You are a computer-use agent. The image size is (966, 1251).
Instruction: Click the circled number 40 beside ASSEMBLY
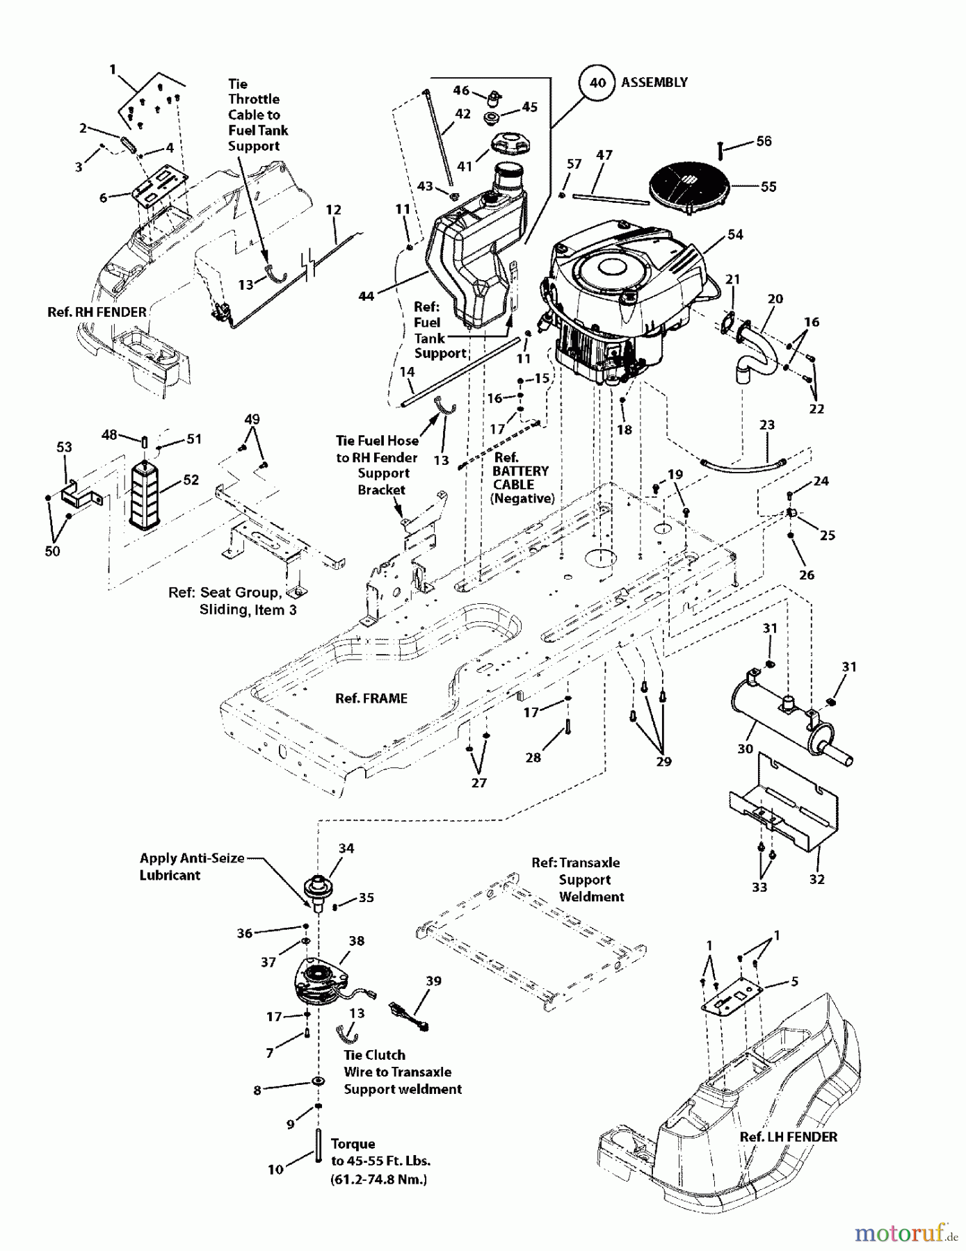click(x=597, y=83)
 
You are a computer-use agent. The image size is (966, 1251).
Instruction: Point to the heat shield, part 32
click(x=786, y=810)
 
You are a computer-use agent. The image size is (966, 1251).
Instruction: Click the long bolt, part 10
click(x=317, y=1145)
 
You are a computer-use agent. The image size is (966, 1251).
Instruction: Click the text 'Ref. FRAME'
click(x=371, y=698)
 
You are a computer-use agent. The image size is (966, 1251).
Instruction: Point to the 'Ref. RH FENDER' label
click(x=97, y=312)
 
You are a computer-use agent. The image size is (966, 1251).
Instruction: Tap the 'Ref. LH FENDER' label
click(x=788, y=1137)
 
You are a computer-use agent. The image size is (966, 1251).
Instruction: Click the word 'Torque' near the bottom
click(x=353, y=1143)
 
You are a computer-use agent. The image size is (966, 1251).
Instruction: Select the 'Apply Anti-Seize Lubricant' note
click(x=191, y=867)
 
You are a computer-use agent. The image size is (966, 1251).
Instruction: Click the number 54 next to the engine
click(x=735, y=235)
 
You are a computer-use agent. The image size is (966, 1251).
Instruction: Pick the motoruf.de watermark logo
click(x=905, y=1233)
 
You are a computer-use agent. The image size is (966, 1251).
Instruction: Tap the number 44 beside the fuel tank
click(x=366, y=296)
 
